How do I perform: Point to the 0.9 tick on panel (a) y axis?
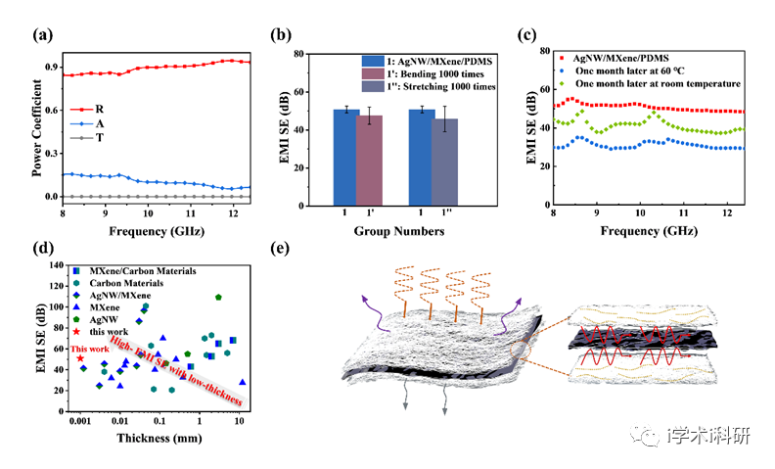point(50,66)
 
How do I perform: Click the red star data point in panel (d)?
point(80,358)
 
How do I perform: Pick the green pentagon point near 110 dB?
point(218,297)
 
